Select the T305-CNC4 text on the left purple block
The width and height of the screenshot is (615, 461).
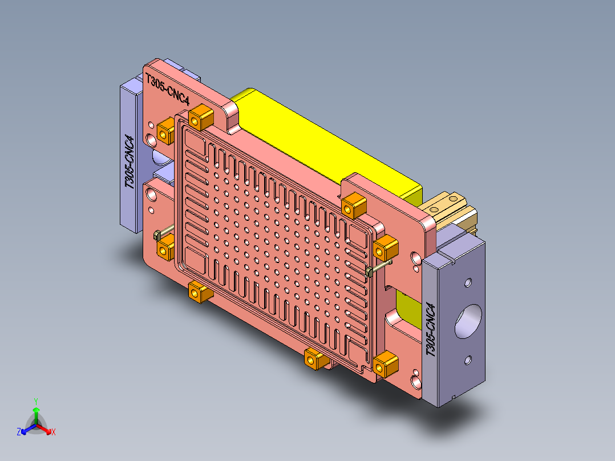tap(130, 162)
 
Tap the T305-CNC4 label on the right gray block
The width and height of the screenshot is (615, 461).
tap(431, 330)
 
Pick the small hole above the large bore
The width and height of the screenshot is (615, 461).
tap(468, 282)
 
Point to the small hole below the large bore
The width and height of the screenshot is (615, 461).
tap(468, 359)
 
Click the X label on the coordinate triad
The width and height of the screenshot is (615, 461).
tap(54, 432)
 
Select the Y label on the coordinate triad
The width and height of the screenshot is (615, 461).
tap(35, 401)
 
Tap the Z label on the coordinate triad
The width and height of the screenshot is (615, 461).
tap(19, 432)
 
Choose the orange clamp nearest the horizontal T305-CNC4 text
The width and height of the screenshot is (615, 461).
tap(200, 118)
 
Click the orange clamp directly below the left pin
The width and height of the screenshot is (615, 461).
tap(166, 249)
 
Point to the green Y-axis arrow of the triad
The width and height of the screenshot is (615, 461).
tap(36, 414)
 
